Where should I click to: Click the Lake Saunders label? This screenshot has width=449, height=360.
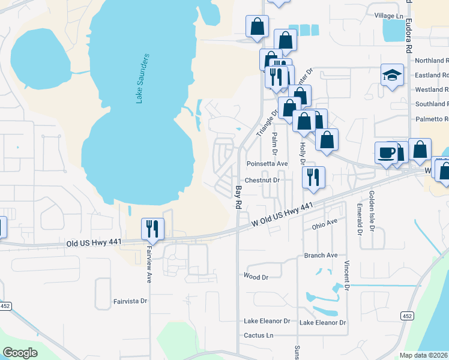coord(142,79)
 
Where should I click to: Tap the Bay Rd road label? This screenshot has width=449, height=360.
coord(238,197)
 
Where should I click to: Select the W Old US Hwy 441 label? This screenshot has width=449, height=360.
coord(282,215)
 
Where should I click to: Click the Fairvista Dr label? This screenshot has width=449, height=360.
coord(130,301)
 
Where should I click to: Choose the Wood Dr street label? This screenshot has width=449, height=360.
coord(255,277)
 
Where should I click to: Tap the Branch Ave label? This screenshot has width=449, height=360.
coord(321,255)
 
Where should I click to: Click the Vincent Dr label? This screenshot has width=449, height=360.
coord(347,275)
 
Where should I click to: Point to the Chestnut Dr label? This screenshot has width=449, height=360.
coord(262,180)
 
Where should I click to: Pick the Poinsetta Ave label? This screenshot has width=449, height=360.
coord(267,163)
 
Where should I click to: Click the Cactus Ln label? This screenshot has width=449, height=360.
coord(258,335)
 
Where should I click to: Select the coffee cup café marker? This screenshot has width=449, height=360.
coord(385,152)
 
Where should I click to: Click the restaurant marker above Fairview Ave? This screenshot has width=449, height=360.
coord(151,229)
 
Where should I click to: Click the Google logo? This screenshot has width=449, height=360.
coord(20,353)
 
